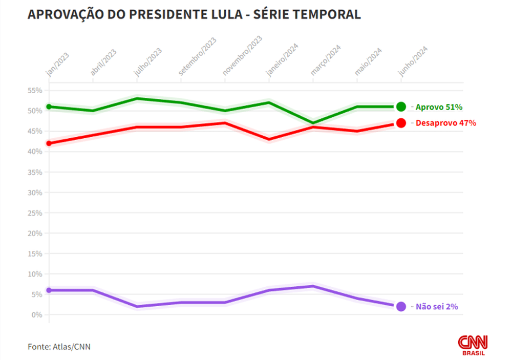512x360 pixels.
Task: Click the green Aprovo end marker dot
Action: tap(401, 107)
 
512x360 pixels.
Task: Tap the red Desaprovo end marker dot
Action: tap(401, 123)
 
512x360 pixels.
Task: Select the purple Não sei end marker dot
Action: tap(401, 306)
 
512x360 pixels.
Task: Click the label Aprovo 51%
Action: tap(439, 107)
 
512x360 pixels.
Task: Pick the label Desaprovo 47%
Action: tap(446, 123)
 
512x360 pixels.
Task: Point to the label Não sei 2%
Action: tap(437, 307)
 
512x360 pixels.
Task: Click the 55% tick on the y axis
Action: tap(35, 91)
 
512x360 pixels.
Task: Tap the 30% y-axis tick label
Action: tap(35, 193)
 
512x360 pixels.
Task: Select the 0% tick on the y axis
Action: tap(37, 315)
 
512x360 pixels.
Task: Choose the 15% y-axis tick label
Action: tap(35, 253)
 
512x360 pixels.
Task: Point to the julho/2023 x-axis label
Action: tap(148, 62)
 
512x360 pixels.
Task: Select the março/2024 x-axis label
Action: tap(326, 61)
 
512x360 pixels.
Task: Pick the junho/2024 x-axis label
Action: tap(413, 61)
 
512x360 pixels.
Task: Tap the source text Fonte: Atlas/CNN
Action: tap(59, 347)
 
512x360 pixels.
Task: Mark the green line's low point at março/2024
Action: tap(313, 123)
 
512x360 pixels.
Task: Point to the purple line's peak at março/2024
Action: tap(313, 286)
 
